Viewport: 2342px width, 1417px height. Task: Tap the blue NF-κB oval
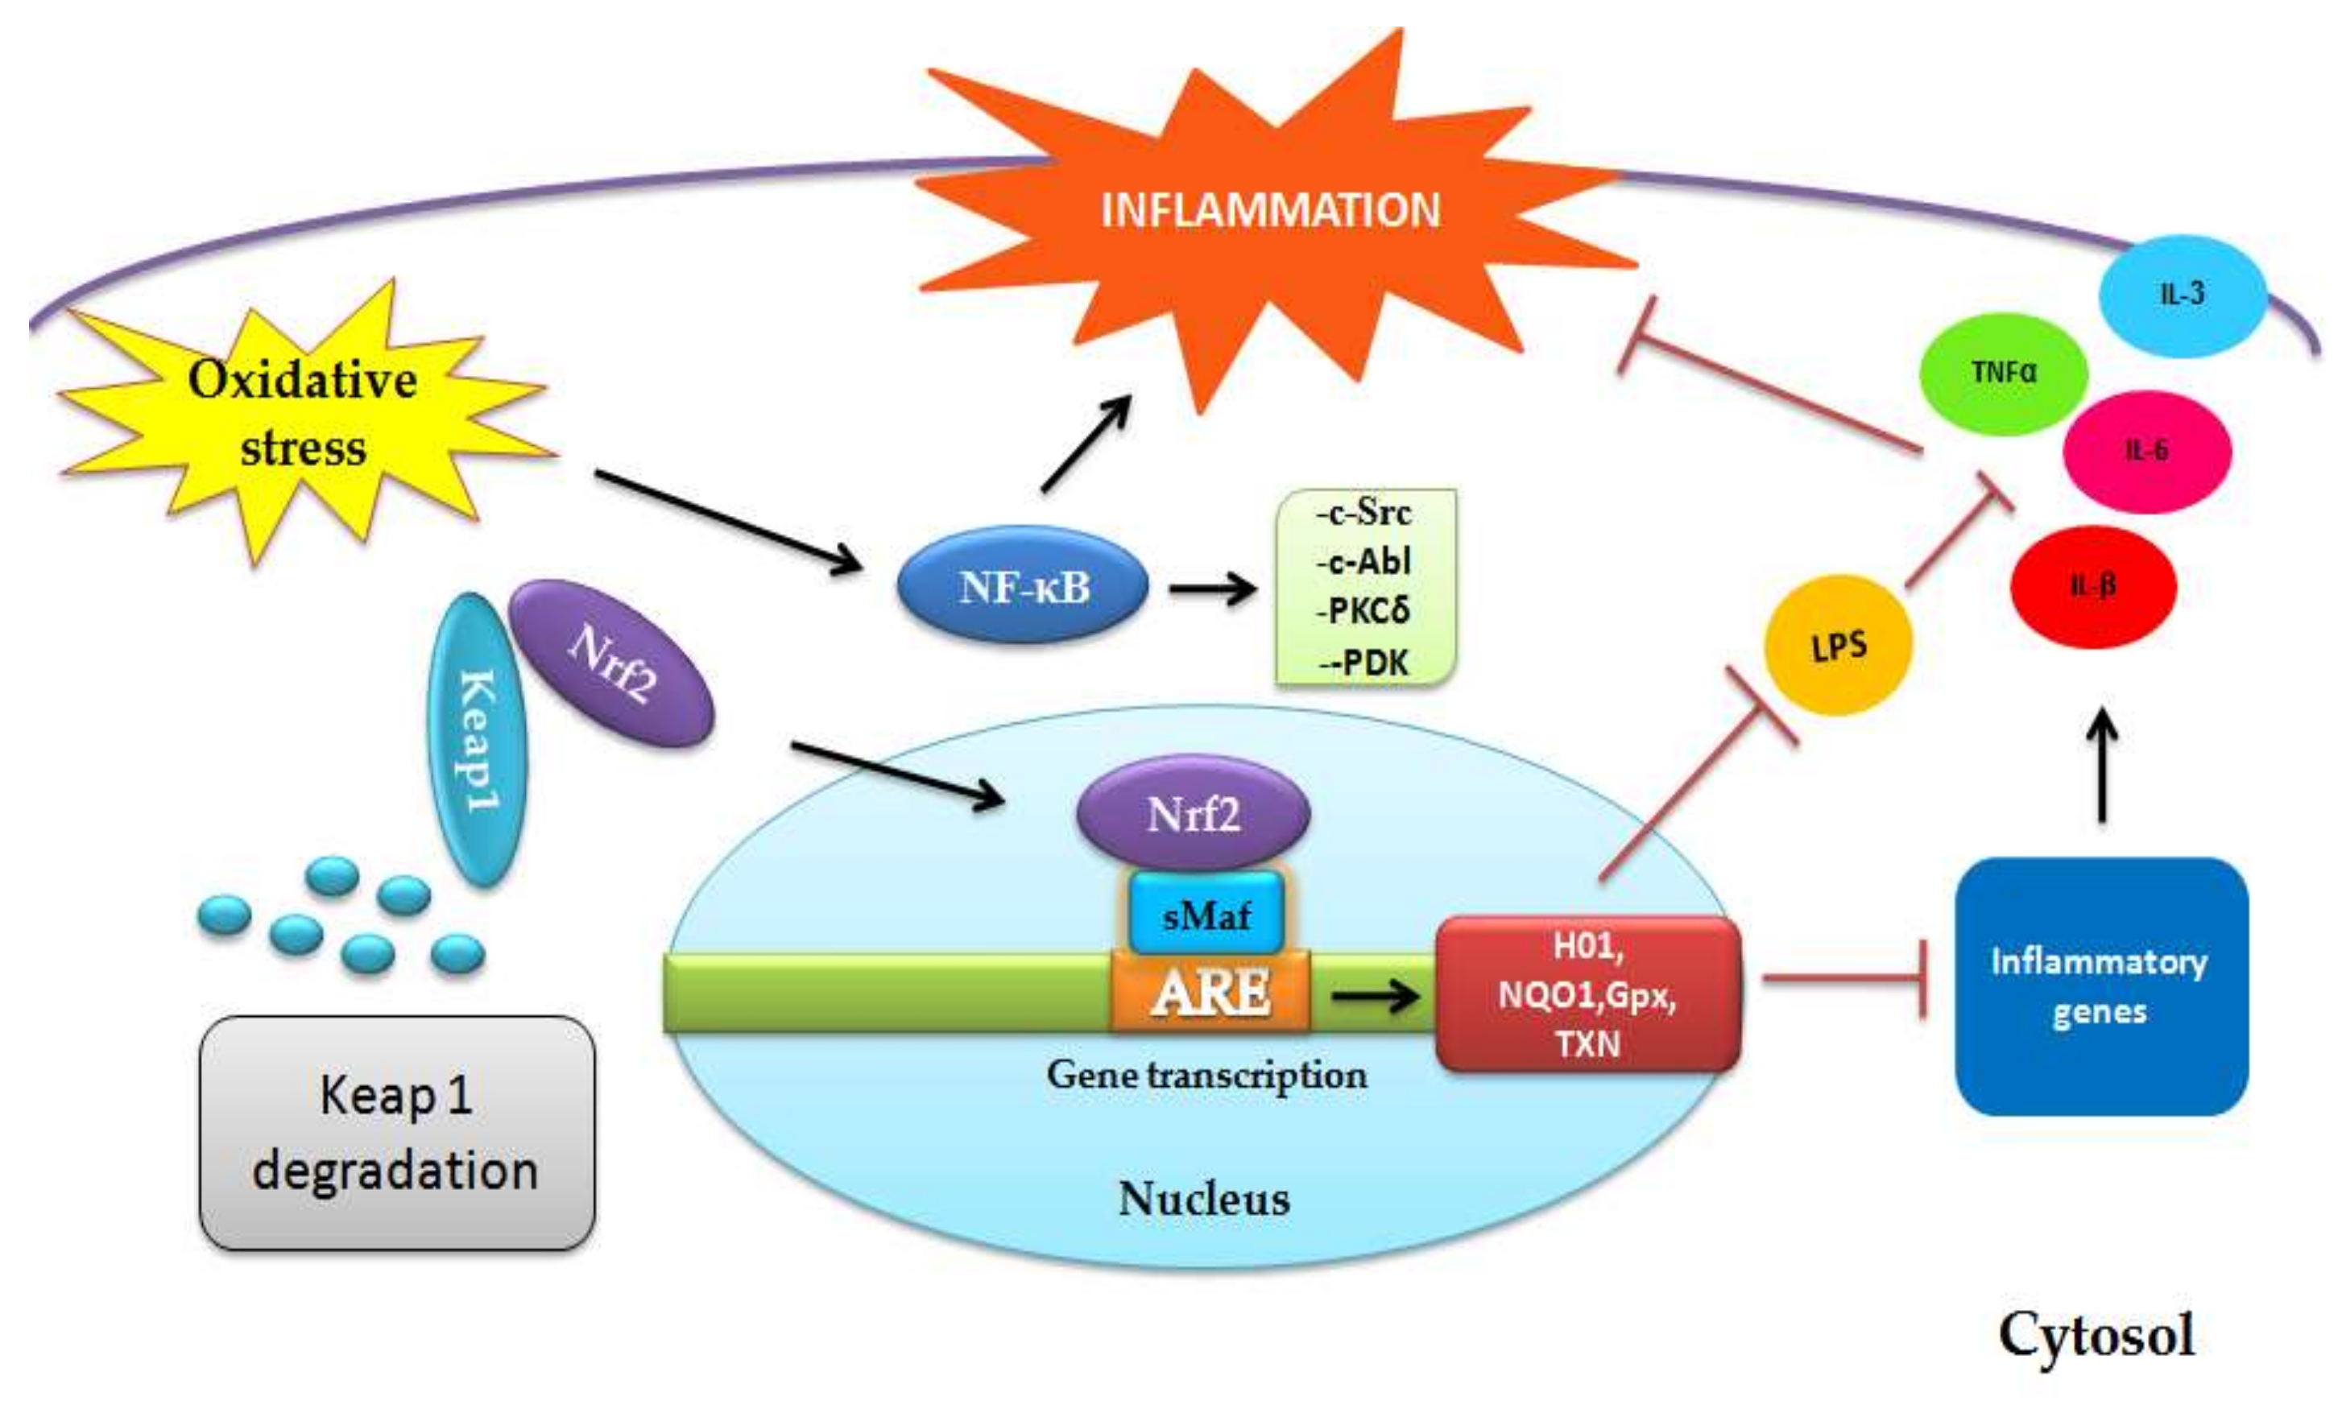click(1023, 587)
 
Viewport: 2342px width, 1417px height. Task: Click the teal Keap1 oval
click(475, 741)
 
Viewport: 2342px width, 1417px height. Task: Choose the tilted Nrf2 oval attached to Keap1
click(611, 663)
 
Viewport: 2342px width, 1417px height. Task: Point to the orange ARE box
click(1210, 992)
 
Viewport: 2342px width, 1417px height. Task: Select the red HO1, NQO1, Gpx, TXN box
click(1587, 994)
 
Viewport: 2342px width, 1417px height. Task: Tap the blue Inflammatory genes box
click(2100, 986)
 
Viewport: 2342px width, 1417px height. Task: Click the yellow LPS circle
click(1837, 647)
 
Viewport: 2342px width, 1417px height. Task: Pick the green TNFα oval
click(2004, 373)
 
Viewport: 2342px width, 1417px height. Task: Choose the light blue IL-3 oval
click(2183, 294)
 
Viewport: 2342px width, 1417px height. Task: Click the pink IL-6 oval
click(2146, 451)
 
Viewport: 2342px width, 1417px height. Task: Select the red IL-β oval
click(2093, 585)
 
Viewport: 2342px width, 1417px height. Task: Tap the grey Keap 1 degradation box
click(396, 1133)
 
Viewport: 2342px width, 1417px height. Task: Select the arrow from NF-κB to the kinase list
click(1211, 589)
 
